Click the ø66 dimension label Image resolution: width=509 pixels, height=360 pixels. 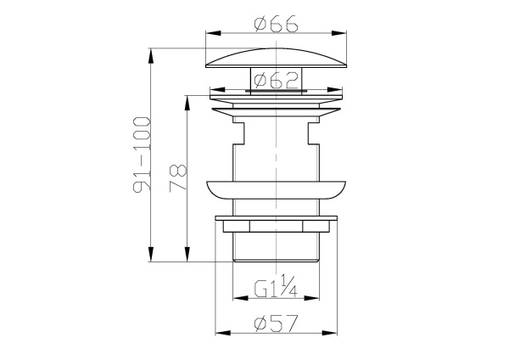[x=276, y=24]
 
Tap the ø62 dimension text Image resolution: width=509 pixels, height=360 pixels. [x=276, y=81]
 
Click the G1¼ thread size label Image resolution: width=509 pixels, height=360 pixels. [x=277, y=291]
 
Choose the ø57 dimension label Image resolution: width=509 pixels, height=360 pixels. [x=277, y=323]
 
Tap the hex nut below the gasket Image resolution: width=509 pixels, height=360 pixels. [x=277, y=225]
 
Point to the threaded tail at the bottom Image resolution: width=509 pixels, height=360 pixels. [x=277, y=248]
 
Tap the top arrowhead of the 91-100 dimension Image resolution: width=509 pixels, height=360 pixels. [x=152, y=52]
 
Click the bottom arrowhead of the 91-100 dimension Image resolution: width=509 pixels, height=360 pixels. [x=152, y=260]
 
